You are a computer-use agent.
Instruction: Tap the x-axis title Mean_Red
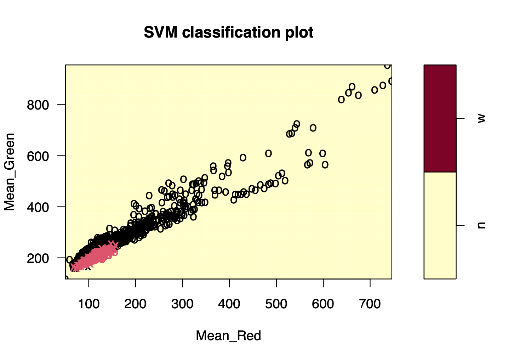(x=228, y=336)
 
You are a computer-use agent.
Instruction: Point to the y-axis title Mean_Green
(x=10, y=172)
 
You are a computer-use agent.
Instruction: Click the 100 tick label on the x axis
(x=89, y=304)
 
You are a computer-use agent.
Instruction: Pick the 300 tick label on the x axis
(x=182, y=304)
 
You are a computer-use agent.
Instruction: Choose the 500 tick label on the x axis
(x=276, y=304)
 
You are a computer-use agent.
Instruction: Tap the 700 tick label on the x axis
(x=370, y=304)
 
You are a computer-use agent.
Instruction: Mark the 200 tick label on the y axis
(x=38, y=258)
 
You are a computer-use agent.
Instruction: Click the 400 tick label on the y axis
(x=38, y=207)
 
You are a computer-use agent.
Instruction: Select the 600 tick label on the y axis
(x=38, y=156)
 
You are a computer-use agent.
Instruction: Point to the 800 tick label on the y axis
(x=38, y=105)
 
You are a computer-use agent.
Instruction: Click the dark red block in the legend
(x=440, y=118)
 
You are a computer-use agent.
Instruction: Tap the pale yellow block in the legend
(x=440, y=225)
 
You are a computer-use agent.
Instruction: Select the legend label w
(x=481, y=118)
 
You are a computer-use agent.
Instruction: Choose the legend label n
(x=481, y=225)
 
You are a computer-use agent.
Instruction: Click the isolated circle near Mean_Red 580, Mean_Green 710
(x=313, y=128)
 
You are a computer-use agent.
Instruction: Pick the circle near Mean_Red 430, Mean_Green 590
(x=243, y=158)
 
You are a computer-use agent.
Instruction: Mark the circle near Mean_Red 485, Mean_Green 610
(x=268, y=153)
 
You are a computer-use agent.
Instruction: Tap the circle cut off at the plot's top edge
(x=388, y=66)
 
